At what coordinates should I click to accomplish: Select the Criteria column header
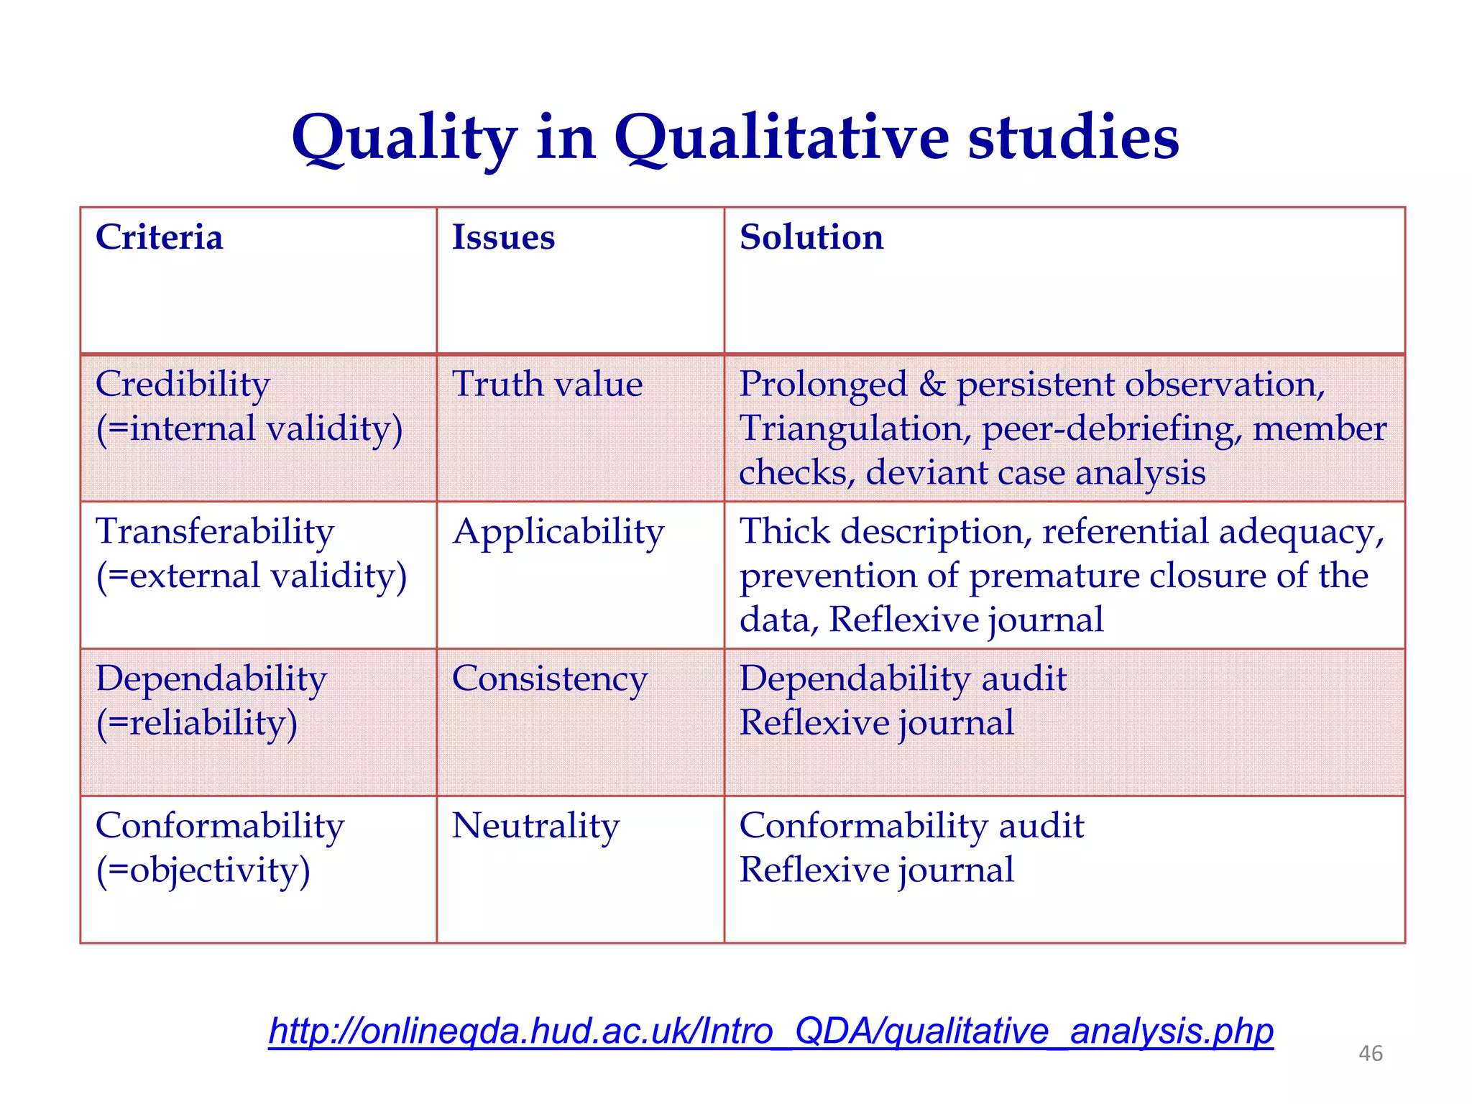[x=159, y=237]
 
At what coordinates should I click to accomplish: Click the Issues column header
[x=503, y=237]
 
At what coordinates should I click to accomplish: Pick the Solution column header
[x=811, y=237]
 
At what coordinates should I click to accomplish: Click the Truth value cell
[x=547, y=384]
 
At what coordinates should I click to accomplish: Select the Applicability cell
[x=558, y=532]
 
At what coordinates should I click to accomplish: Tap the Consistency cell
[x=550, y=678]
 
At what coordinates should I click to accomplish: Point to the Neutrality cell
[x=535, y=826]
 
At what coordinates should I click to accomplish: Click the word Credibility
[x=183, y=384]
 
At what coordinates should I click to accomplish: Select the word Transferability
[x=215, y=532]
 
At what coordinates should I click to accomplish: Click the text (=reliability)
[x=196, y=723]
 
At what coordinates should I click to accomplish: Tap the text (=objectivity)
[x=203, y=870]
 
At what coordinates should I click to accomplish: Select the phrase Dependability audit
[x=903, y=678]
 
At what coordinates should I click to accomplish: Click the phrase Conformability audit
[x=911, y=826]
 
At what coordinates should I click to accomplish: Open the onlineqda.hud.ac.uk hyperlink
[x=770, y=1031]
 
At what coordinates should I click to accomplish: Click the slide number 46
[x=1370, y=1053]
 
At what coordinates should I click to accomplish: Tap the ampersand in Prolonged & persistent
[x=932, y=384]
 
